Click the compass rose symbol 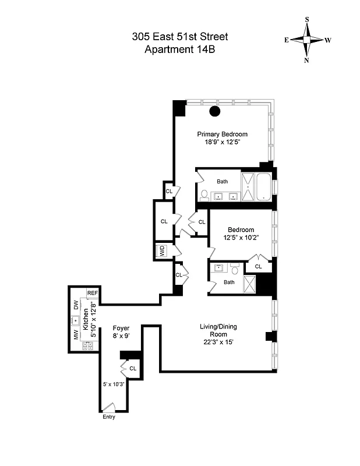click(307, 39)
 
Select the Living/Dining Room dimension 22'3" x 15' click(214, 342)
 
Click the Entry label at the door click(109, 416)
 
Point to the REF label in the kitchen click(92, 293)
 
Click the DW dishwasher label click(76, 305)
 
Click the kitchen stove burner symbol click(88, 345)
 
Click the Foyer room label click(121, 328)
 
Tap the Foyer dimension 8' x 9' click(121, 336)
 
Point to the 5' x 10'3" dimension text click(114, 384)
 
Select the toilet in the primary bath click(204, 195)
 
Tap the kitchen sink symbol click(76, 320)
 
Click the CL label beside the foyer click(133, 368)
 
